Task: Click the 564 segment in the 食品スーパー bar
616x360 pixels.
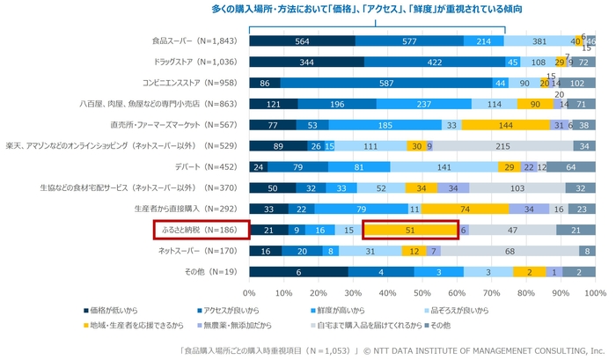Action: (302, 40)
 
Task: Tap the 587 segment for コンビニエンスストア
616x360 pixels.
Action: (385, 83)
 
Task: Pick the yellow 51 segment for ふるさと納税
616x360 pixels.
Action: (411, 230)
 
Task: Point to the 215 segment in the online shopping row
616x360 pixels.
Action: (502, 146)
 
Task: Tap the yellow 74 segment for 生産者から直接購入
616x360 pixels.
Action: (464, 209)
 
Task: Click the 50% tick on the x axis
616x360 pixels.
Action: (422, 291)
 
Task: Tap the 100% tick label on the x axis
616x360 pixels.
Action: (595, 291)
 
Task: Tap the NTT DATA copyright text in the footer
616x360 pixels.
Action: (489, 349)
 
